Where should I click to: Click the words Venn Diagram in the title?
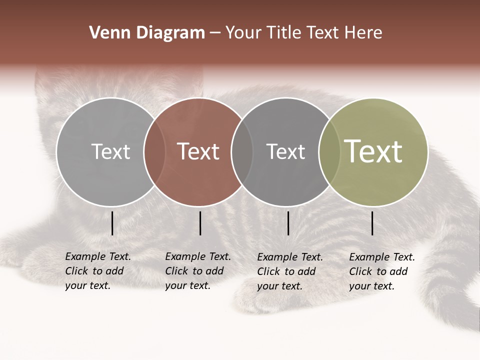click(x=147, y=33)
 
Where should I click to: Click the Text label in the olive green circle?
click(x=373, y=151)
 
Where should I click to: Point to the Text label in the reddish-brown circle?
click(x=198, y=151)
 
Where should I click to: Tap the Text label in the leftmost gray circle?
click(x=110, y=151)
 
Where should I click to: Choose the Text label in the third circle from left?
click(x=285, y=151)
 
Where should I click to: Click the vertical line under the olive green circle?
click(x=372, y=223)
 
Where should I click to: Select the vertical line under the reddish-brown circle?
click(x=200, y=223)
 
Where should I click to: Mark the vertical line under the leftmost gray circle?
click(x=112, y=223)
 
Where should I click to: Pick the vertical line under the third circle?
click(x=288, y=223)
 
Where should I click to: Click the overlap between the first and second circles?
click(x=154, y=151)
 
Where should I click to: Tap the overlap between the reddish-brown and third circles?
click(x=242, y=151)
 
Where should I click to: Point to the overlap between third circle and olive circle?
click(x=329, y=151)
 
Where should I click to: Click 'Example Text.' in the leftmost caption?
click(x=98, y=256)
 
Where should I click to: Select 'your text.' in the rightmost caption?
click(x=371, y=286)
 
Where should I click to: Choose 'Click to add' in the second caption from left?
click(x=194, y=271)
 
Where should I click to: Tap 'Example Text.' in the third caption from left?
click(x=290, y=257)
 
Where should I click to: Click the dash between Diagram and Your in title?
click(x=215, y=33)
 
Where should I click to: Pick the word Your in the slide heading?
click(x=243, y=33)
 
